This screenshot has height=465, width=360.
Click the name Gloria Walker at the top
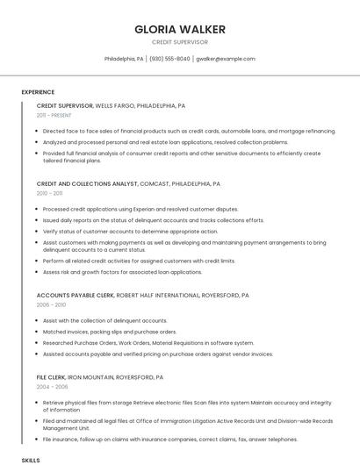pyautogui.click(x=179, y=29)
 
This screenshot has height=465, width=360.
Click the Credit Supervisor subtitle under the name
pyautogui.click(x=179, y=42)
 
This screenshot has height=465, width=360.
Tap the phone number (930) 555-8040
pyautogui.click(x=169, y=59)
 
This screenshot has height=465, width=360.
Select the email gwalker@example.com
pyautogui.click(x=226, y=59)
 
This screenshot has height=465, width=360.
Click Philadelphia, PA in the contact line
pyautogui.click(x=124, y=59)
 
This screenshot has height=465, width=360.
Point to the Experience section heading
pyautogui.click(x=38, y=92)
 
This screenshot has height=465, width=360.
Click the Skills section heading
pyautogui.click(x=31, y=460)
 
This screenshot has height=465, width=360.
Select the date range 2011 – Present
pyautogui.click(x=54, y=115)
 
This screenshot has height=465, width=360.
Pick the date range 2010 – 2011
pyautogui.click(x=49, y=193)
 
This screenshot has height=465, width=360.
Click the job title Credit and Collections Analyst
pyautogui.click(x=87, y=184)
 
